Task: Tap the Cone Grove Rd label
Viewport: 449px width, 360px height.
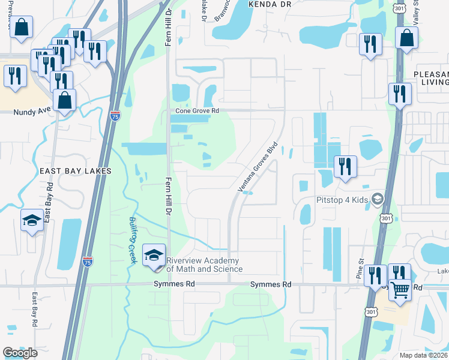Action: pos(197,111)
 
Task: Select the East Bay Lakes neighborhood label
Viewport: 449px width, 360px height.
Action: pos(76,171)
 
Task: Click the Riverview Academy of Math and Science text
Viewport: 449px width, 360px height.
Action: pos(203,265)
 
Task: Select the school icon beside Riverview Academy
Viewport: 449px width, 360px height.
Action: pos(154,254)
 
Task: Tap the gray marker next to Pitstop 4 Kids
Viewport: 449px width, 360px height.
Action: pos(378,199)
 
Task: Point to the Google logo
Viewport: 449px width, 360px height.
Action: pos(20,353)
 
